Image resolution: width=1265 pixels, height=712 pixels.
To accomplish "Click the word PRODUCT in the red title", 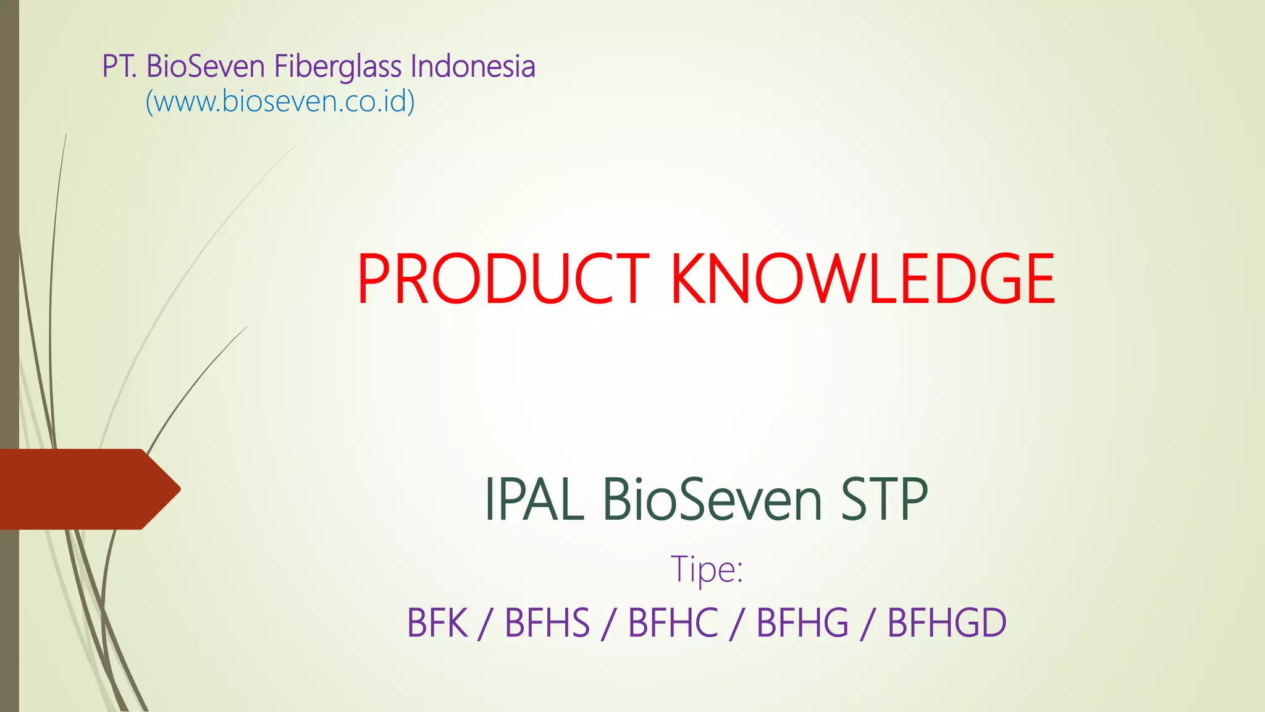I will [x=502, y=279].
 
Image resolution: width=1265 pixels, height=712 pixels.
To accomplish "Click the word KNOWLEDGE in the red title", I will [x=863, y=279].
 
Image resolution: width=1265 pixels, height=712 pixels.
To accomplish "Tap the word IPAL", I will [x=534, y=499].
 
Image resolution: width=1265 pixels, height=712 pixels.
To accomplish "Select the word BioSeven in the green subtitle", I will [x=712, y=499].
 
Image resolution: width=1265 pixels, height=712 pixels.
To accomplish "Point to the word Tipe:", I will [x=707, y=569].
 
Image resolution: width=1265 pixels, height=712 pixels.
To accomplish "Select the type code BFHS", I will [x=547, y=623].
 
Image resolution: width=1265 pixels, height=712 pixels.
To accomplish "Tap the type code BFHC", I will [x=673, y=623].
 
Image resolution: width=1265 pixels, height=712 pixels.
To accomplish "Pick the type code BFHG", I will [x=802, y=623].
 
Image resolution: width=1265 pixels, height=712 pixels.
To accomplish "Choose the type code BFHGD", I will [x=947, y=623].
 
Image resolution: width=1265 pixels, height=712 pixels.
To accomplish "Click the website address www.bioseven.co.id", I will [x=280, y=101].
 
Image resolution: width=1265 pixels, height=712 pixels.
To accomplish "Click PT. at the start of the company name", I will [x=119, y=67].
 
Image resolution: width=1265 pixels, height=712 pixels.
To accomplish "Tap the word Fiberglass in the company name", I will [x=337, y=67].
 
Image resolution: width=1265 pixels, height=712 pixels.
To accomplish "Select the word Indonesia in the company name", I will [x=473, y=67].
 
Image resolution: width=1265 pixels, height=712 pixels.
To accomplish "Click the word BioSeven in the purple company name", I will [x=205, y=67].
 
